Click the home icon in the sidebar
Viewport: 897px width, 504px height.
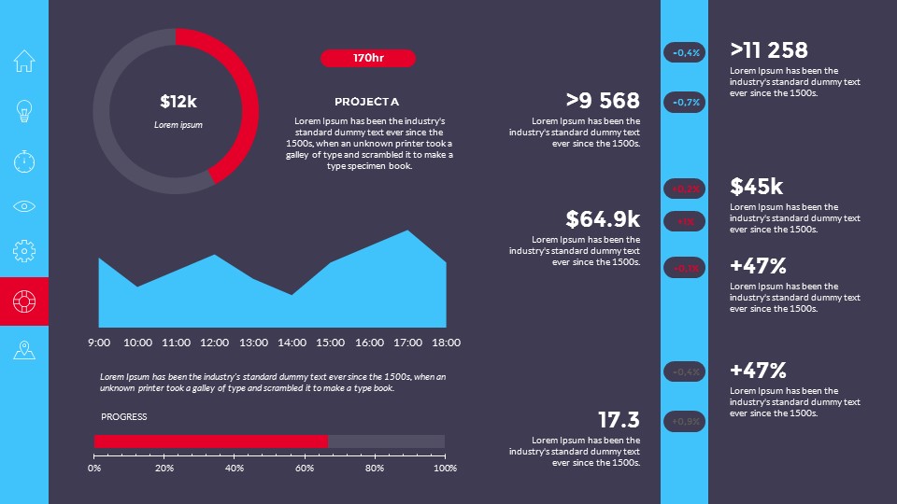(24, 62)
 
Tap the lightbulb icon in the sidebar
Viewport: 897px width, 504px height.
(24, 111)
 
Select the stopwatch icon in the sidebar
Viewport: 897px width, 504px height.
(24, 161)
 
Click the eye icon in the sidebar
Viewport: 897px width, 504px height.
(24, 206)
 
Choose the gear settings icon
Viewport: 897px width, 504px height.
(24, 250)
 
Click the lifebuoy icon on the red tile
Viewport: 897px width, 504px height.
(24, 301)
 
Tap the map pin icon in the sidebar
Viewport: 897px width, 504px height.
(24, 350)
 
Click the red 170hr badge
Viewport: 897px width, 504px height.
(368, 59)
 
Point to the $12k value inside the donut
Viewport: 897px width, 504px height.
(178, 101)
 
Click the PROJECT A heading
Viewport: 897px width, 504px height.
(366, 102)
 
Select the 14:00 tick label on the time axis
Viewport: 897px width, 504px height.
(292, 343)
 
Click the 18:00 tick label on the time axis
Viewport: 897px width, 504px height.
(446, 343)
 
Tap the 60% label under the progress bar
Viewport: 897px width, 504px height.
(305, 469)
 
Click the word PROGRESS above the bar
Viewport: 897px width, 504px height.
(124, 417)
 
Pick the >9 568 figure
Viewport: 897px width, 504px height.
(603, 101)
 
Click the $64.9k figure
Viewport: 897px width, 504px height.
(603, 219)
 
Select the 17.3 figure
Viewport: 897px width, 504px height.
(619, 420)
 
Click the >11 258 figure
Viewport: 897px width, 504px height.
(769, 50)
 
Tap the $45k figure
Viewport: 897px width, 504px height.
(757, 187)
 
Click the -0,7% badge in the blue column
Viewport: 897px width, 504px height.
(684, 102)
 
